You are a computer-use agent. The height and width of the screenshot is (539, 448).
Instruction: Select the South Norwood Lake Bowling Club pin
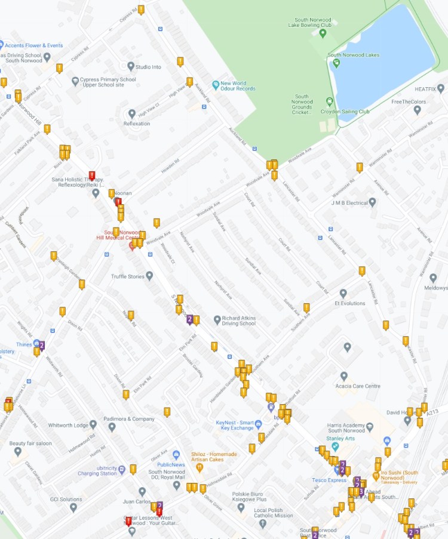(x=323, y=33)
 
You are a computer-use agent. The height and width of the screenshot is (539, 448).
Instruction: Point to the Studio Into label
(x=148, y=67)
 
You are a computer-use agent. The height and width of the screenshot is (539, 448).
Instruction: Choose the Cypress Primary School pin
(x=75, y=81)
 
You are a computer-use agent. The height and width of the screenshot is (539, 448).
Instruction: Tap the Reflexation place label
(x=137, y=124)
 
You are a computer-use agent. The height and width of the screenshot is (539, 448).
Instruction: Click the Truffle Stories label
(x=128, y=276)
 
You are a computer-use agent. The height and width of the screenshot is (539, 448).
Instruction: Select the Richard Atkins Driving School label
(x=238, y=321)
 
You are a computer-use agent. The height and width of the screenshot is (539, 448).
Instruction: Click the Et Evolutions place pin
(x=343, y=294)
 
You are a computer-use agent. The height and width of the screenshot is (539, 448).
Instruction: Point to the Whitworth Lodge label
(x=65, y=424)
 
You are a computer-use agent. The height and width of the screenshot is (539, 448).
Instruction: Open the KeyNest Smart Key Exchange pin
(x=259, y=424)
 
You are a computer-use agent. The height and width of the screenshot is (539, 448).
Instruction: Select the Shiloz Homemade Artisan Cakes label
(x=214, y=457)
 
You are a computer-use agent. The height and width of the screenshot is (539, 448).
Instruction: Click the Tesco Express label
(x=329, y=480)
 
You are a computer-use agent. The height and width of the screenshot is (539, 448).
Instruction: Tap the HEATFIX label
(x=430, y=89)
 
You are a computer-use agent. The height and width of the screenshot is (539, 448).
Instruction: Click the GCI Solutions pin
(x=73, y=507)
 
